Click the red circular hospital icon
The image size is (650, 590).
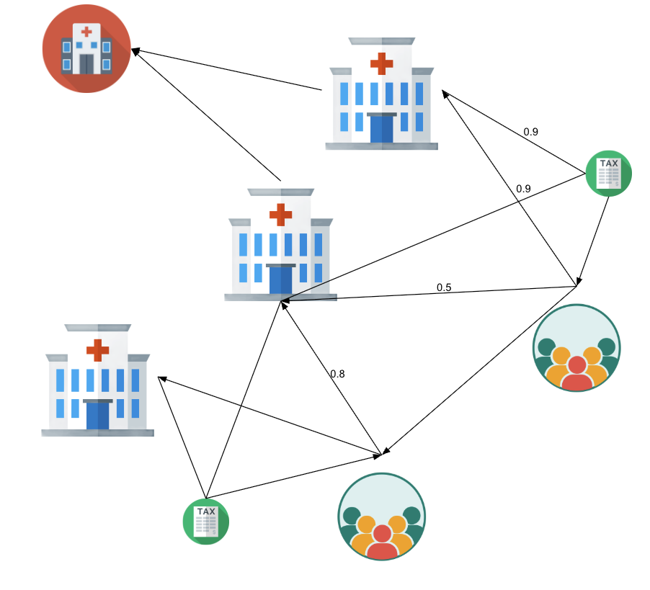pos(86,48)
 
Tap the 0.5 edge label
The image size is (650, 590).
pos(444,287)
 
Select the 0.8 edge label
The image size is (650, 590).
pos(337,374)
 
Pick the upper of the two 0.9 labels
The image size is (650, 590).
pos(530,132)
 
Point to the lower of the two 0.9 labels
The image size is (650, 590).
pos(523,189)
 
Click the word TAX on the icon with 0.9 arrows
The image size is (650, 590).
pos(609,164)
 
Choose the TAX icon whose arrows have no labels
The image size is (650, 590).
pos(206,521)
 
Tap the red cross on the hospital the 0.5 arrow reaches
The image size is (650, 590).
pos(280,214)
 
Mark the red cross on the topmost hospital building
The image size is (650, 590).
pos(381,63)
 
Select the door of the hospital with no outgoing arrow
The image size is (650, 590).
pos(97,416)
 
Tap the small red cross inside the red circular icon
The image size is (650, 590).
pos(86,31)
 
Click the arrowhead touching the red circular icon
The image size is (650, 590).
pos(135,50)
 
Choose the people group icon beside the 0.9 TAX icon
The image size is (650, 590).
pos(576,348)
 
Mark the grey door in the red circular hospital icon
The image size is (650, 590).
pos(86,64)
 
